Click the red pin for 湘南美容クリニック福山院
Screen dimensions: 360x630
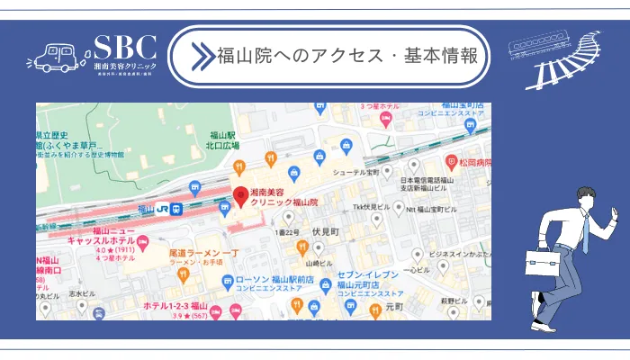click(240, 194)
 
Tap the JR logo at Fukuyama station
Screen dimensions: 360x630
click(163, 209)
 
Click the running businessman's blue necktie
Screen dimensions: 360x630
click(584, 232)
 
